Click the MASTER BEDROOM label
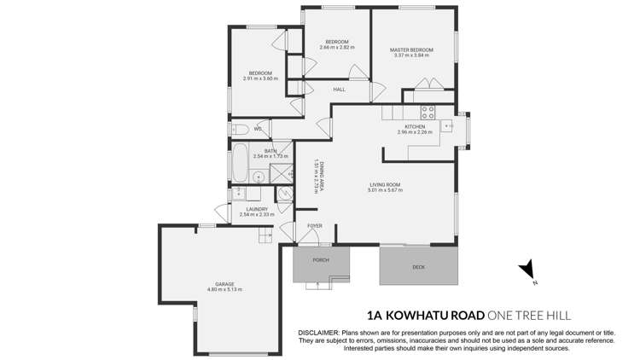point(411,50)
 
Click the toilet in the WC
point(240,130)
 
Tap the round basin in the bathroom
point(258,177)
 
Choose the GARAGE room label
point(224,284)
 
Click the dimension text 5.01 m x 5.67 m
point(386,189)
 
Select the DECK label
point(418,267)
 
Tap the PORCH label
point(321,259)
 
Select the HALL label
point(339,89)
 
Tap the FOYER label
point(313,226)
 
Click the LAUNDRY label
point(257,209)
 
